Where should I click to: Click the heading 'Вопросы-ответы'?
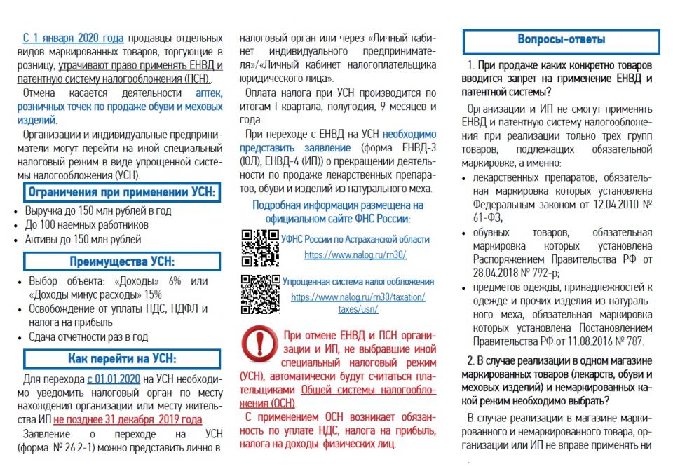click(x=561, y=41)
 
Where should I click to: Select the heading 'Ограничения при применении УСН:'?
click(x=121, y=192)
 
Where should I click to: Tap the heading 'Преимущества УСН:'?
click(x=121, y=261)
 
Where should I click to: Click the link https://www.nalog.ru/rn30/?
click(x=355, y=255)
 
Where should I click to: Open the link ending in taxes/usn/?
click(x=358, y=308)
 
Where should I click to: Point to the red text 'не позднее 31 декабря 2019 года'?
click(x=128, y=419)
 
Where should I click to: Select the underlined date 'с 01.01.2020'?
click(x=114, y=379)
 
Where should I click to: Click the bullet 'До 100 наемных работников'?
click(x=87, y=225)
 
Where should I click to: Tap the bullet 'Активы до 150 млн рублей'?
click(x=83, y=239)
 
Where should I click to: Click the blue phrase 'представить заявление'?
click(x=295, y=148)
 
